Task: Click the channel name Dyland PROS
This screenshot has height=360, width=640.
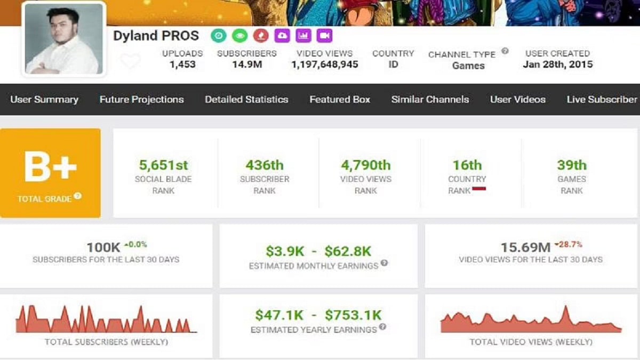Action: click(x=156, y=36)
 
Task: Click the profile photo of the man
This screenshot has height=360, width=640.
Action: click(x=63, y=39)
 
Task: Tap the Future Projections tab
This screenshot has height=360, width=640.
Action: click(x=141, y=99)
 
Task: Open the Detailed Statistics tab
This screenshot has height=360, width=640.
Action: click(x=246, y=99)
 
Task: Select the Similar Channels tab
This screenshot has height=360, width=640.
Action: click(x=430, y=99)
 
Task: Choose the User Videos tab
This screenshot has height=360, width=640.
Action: click(x=517, y=99)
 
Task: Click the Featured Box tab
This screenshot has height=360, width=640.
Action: click(x=340, y=99)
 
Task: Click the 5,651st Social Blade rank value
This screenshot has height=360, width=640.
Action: click(x=163, y=165)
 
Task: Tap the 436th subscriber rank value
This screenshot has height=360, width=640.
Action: click(x=265, y=165)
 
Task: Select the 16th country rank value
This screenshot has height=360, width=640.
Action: click(x=467, y=165)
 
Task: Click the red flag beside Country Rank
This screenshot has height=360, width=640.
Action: click(x=478, y=189)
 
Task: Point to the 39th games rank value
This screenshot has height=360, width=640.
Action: click(x=571, y=165)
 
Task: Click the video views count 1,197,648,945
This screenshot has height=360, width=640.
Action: click(x=324, y=65)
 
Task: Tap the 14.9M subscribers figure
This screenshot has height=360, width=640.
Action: click(x=246, y=65)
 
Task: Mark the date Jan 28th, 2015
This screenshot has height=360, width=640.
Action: click(x=557, y=65)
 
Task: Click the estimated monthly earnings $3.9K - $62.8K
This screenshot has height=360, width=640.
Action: click(x=318, y=251)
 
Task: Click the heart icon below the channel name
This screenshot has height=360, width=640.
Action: click(x=130, y=61)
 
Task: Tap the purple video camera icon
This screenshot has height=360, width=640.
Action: click(x=324, y=36)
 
